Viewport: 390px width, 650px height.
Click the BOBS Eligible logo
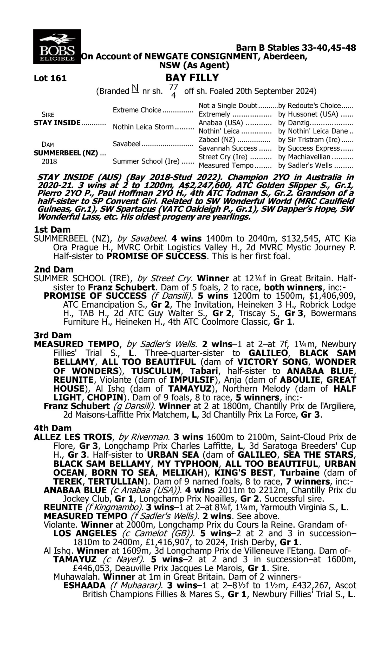tap(57, 47)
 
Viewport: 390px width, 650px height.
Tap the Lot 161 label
tap(50, 78)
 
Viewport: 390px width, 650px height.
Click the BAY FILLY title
tap(192, 77)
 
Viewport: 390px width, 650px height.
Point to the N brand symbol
tap(135, 89)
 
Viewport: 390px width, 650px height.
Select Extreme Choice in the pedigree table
tap(137, 110)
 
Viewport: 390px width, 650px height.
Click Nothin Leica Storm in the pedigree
tap(143, 127)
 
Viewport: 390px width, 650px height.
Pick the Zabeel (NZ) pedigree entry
tap(217, 140)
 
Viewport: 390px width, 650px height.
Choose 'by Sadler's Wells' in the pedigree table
tap(305, 166)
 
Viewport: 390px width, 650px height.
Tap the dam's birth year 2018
tap(49, 161)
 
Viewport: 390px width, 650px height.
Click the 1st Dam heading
tap(52, 230)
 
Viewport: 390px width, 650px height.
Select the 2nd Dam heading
tap(53, 269)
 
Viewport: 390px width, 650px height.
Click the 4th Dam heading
tap(53, 428)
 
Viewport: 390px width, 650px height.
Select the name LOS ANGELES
tap(85, 534)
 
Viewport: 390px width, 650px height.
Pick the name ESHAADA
tap(84, 585)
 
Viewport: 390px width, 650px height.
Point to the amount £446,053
tap(91, 568)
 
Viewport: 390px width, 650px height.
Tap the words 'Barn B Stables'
tap(267, 48)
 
